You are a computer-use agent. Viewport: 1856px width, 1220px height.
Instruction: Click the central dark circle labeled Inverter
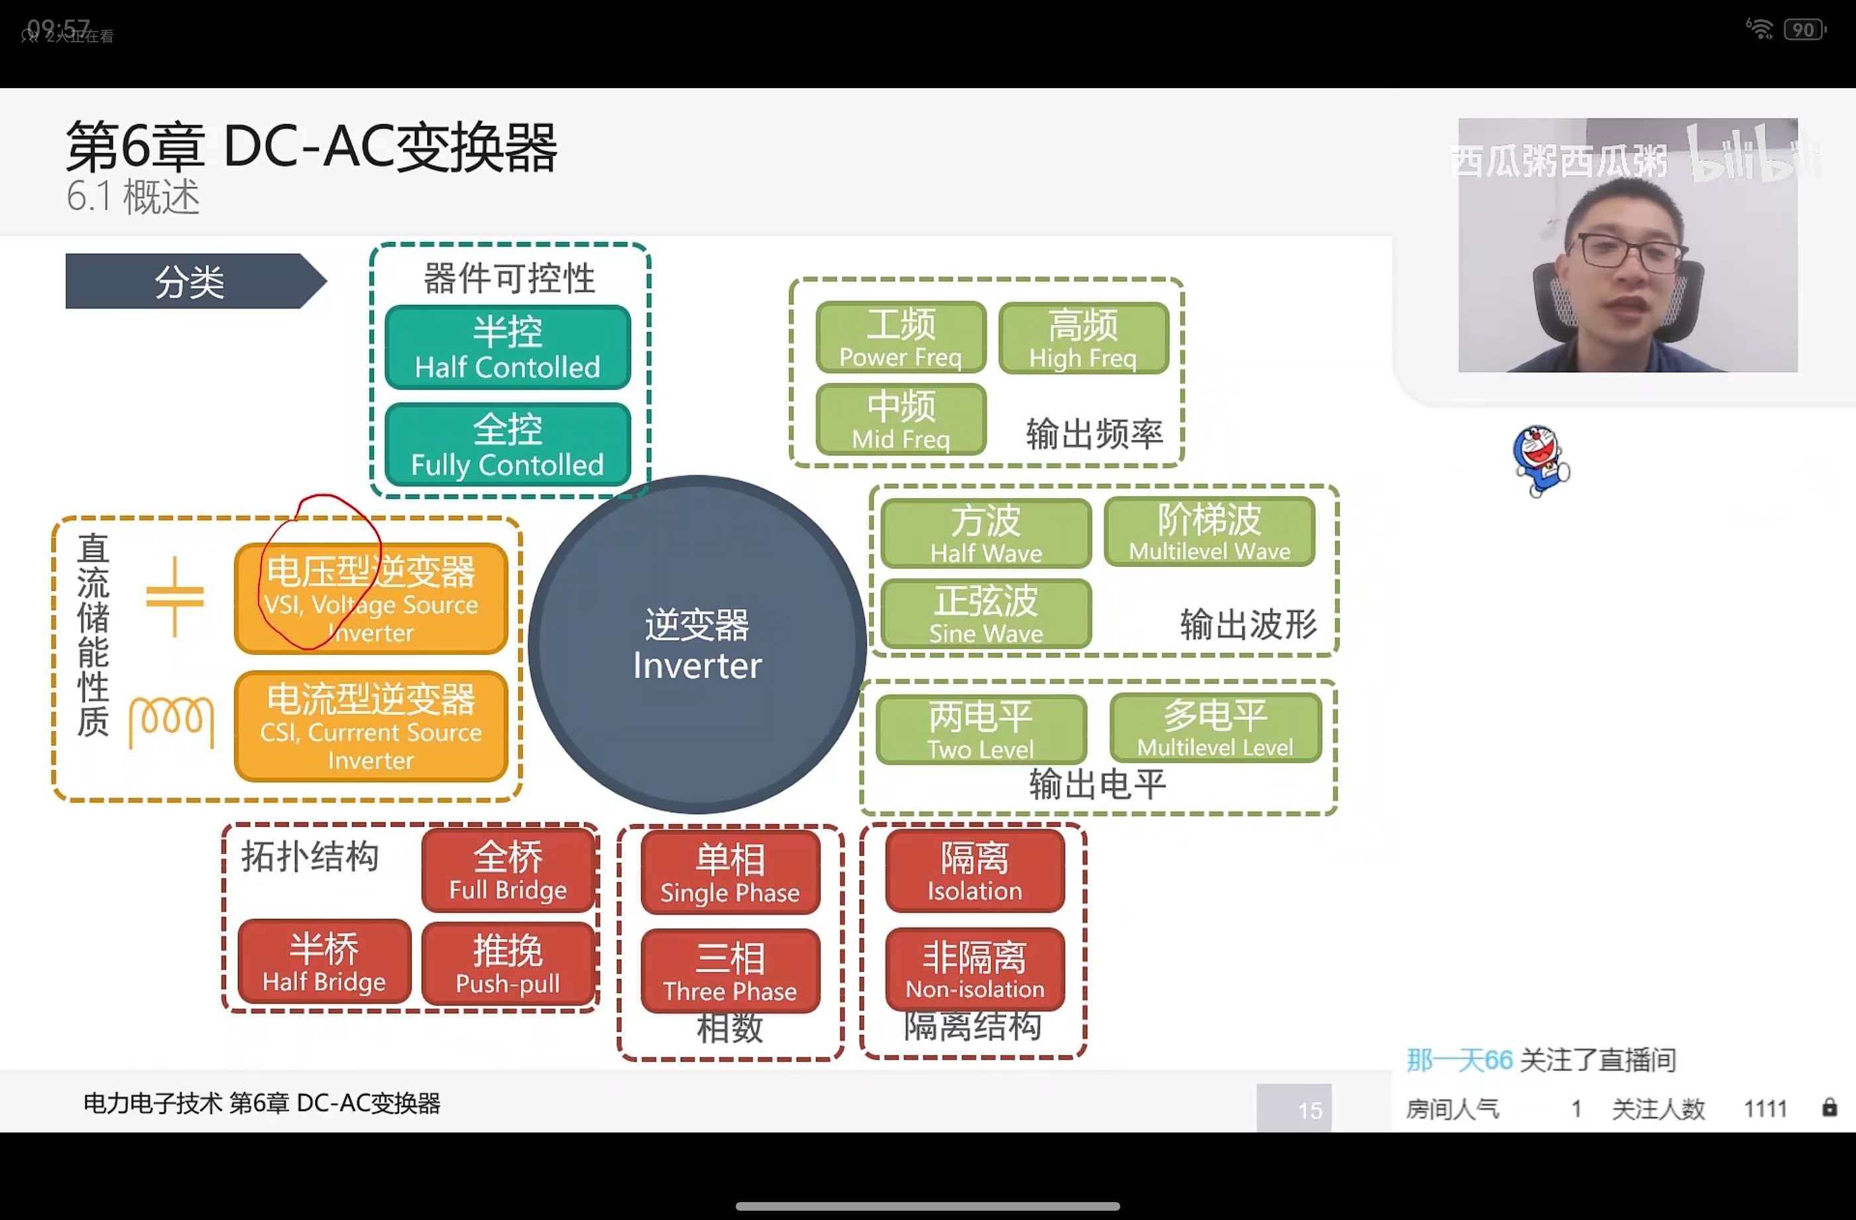pyautogui.click(x=697, y=644)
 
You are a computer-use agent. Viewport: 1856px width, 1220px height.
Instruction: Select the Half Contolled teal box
pyautogui.click(x=508, y=348)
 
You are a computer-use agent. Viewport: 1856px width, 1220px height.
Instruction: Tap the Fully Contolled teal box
pyautogui.click(x=508, y=446)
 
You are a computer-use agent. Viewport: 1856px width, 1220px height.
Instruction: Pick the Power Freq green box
pyautogui.click(x=901, y=337)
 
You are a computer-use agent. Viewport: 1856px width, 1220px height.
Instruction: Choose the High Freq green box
pyautogui.click(x=1083, y=337)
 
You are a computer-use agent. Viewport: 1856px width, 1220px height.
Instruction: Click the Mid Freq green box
pyautogui.click(x=901, y=420)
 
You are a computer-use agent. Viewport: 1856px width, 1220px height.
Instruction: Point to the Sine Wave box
pyautogui.click(x=986, y=614)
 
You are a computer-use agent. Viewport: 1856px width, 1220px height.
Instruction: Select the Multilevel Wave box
pyautogui.click(x=1210, y=532)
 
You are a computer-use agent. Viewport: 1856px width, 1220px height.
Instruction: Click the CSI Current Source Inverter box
pyautogui.click(x=371, y=726)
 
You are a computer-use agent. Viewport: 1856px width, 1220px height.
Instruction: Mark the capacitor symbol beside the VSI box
pyautogui.click(x=175, y=597)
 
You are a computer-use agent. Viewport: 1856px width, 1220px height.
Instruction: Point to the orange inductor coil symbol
pyautogui.click(x=172, y=721)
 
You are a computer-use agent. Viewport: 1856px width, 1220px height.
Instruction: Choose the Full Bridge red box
pyautogui.click(x=508, y=871)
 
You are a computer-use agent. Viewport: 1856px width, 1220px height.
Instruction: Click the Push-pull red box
pyautogui.click(x=508, y=964)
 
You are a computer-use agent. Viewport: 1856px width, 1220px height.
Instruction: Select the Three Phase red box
pyautogui.click(x=730, y=971)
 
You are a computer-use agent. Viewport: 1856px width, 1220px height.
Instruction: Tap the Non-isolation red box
pyautogui.click(x=975, y=969)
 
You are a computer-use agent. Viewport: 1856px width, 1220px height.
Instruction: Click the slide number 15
pyautogui.click(x=1309, y=1110)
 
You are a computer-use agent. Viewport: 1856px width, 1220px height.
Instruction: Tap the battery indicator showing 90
pyautogui.click(x=1804, y=30)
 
